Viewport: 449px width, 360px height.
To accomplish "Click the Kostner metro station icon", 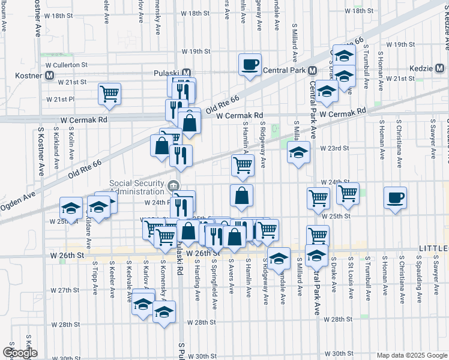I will (x=50, y=76).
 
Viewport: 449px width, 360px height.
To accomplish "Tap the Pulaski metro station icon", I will (x=187, y=70).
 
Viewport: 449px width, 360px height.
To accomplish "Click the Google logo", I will (x=20, y=353).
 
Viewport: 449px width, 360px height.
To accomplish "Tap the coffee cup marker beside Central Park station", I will (x=250, y=64).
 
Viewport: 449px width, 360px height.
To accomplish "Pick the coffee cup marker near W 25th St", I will (x=395, y=197).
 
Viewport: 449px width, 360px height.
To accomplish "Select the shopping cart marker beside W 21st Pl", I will (x=110, y=94).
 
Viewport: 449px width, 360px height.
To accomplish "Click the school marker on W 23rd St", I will (x=298, y=153).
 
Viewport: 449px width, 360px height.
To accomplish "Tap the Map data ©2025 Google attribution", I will (x=411, y=355).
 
